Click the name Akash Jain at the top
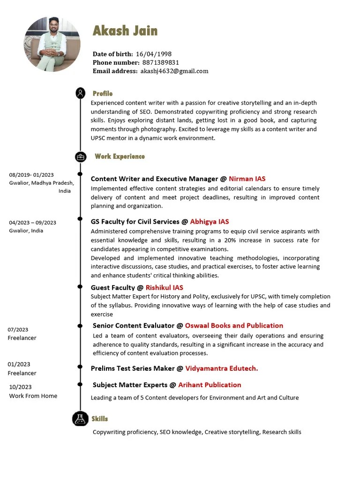click(x=125, y=31)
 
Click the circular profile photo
click(x=52, y=44)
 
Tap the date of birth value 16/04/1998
click(x=154, y=54)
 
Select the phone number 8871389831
click(x=161, y=62)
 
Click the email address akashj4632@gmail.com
click(x=174, y=71)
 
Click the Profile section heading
click(x=103, y=93)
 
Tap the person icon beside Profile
click(x=81, y=93)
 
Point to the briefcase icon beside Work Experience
click(x=81, y=157)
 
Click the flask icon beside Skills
click(x=80, y=419)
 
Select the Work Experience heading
click(x=120, y=156)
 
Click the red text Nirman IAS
click(x=247, y=179)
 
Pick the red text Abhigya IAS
click(x=210, y=221)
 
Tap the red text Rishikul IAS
click(x=164, y=287)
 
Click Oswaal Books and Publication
click(x=234, y=325)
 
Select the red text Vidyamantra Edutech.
click(x=221, y=368)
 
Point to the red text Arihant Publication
click(x=210, y=385)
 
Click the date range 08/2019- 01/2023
click(x=31, y=175)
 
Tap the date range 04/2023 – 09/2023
click(x=32, y=223)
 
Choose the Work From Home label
click(x=33, y=396)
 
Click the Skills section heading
click(x=100, y=419)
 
